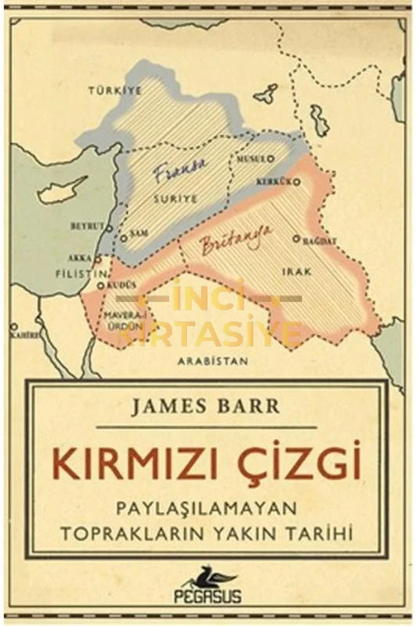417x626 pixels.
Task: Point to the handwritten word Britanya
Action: click(232, 239)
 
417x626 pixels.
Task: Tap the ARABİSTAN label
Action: click(212, 362)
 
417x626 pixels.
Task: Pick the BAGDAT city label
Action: click(320, 239)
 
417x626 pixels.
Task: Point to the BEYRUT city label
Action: click(87, 225)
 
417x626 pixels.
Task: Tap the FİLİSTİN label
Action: click(79, 275)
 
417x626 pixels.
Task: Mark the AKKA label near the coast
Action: click(80, 257)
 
